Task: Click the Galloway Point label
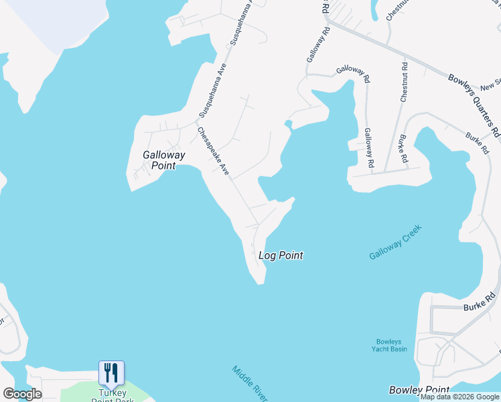pyautogui.click(x=159, y=160)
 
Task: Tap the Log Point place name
pyautogui.click(x=281, y=255)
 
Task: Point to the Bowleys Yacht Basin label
pyautogui.click(x=389, y=344)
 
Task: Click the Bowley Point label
pyautogui.click(x=419, y=390)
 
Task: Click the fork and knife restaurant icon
pyautogui.click(x=111, y=373)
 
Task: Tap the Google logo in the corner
pyautogui.click(x=22, y=394)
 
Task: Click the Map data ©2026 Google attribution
pyautogui.click(x=460, y=397)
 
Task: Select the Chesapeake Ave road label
pyautogui.click(x=214, y=151)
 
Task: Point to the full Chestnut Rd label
pyautogui.click(x=404, y=82)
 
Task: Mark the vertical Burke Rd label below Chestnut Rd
pyautogui.click(x=403, y=149)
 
